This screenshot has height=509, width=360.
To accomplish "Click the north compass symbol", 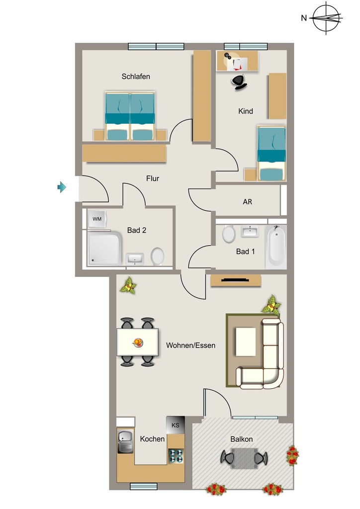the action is [x=326, y=17].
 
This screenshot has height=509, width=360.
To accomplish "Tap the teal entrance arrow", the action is [x=62, y=187].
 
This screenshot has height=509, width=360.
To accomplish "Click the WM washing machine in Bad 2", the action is [x=97, y=219].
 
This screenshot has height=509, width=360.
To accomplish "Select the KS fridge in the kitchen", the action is [x=176, y=425].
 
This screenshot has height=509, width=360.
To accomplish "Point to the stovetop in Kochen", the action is [x=176, y=455].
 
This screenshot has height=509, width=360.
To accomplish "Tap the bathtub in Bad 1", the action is [x=276, y=247].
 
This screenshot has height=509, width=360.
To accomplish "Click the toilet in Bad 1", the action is [x=229, y=234].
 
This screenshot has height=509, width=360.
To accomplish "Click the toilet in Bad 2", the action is [x=158, y=256].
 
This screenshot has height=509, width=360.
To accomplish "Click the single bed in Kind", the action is [x=271, y=153].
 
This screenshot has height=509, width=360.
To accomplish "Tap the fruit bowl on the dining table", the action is [x=138, y=342].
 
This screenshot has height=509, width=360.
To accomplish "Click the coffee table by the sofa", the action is [x=246, y=342].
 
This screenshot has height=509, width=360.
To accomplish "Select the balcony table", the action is [x=244, y=458].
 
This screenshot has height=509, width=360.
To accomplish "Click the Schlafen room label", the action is [x=136, y=77].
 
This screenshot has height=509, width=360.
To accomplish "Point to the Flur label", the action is [x=153, y=178].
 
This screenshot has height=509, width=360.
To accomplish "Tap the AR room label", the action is [x=247, y=202].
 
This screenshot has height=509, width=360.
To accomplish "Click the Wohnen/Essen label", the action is [x=190, y=345].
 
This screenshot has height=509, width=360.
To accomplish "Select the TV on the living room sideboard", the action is [x=235, y=280].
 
